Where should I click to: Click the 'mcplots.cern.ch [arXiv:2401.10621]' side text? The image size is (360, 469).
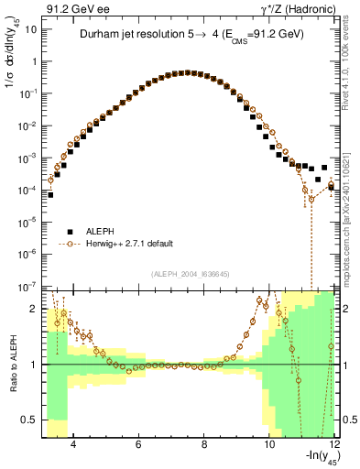(351, 212)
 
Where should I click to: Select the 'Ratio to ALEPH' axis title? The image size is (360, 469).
(11, 364)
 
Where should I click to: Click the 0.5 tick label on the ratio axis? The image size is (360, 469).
(29, 420)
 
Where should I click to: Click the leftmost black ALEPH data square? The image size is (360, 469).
(50, 195)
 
